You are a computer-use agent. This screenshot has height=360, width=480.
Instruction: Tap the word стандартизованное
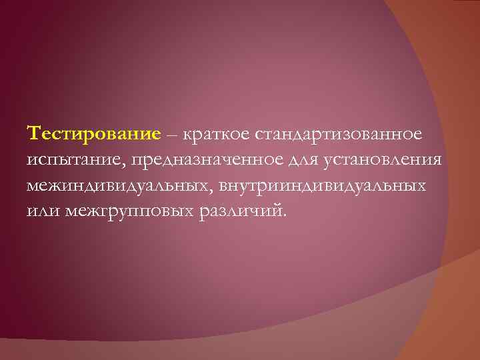[x=337, y=135]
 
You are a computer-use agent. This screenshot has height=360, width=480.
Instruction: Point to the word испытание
[x=71, y=160]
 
